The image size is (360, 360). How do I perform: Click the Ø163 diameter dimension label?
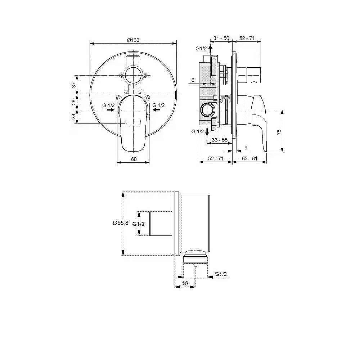pyautogui.click(x=133, y=40)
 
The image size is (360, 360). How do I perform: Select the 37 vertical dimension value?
pyautogui.click(x=73, y=85)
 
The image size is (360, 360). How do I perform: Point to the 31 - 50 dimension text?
pyautogui.click(x=221, y=38)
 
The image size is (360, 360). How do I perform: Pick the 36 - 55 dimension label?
pyautogui.click(x=220, y=140)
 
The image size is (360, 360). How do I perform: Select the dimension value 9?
pyautogui.click(x=246, y=148)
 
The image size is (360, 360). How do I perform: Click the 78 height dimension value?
pyautogui.click(x=278, y=132)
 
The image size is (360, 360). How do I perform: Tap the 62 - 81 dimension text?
pyautogui.click(x=250, y=159)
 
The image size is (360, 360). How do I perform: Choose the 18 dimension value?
pyautogui.click(x=185, y=283)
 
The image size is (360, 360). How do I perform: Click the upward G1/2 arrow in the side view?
pyautogui.click(x=211, y=49)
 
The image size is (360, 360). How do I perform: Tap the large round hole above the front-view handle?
pyautogui.click(x=133, y=76)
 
